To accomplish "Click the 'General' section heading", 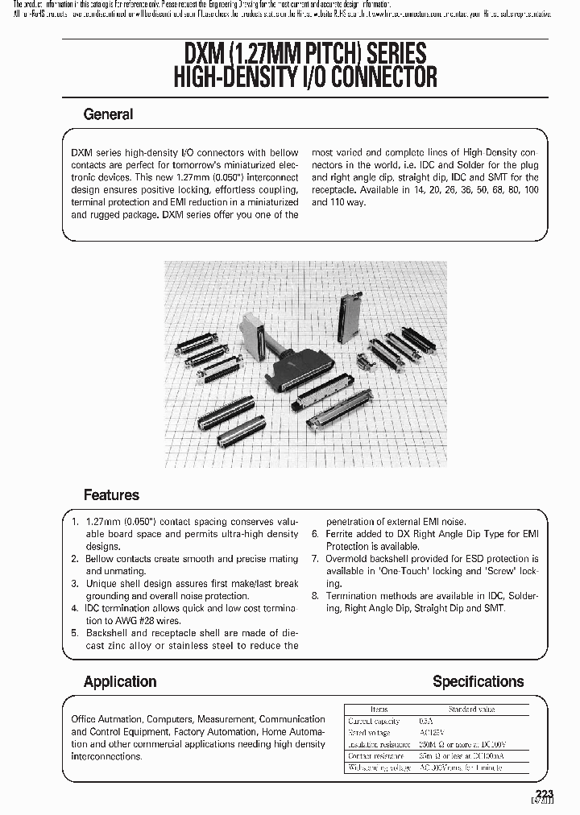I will tap(108, 114).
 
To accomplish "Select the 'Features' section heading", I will tap(111, 494).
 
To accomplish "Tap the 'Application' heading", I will tap(120, 681).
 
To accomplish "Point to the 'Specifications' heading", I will tap(478, 681).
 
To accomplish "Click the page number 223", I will tap(545, 793).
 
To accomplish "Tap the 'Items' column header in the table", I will tap(379, 710).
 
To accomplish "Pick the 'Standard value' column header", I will tap(472, 710).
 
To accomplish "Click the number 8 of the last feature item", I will tap(316, 596).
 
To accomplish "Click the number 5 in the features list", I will tap(74, 633).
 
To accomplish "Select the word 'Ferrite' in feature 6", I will tap(342, 534).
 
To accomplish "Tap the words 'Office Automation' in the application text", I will tap(106, 719).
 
